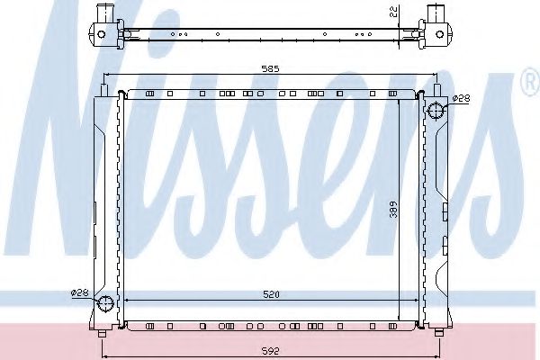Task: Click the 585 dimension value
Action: coord(270,69)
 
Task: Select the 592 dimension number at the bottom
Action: coord(270,351)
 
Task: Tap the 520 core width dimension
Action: coord(272,294)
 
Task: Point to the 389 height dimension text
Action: coord(393,209)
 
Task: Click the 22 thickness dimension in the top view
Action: coord(395,12)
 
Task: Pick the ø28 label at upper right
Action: coord(461,98)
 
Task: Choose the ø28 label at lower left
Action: coord(80,293)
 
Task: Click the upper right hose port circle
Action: coord(436,111)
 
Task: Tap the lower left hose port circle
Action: coord(105,303)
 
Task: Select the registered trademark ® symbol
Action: coord(531,82)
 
